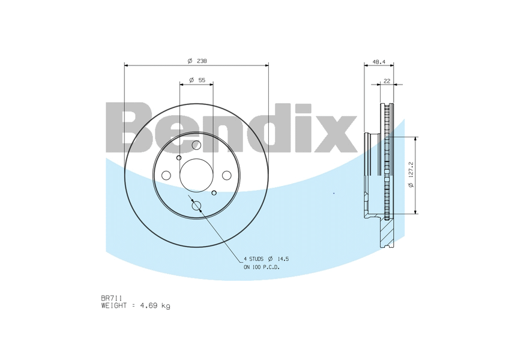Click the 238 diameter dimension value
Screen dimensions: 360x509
click(x=202, y=61)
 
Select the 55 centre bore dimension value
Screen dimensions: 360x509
click(x=201, y=80)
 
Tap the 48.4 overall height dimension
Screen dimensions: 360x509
click(x=379, y=61)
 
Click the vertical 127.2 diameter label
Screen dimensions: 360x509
click(x=411, y=175)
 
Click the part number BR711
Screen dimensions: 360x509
click(x=112, y=298)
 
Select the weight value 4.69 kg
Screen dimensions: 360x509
click(x=155, y=306)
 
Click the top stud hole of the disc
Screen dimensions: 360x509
click(x=196, y=145)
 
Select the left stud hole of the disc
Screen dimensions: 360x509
click(x=166, y=175)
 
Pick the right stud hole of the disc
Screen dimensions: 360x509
click(x=227, y=175)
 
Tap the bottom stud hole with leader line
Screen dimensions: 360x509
click(x=196, y=206)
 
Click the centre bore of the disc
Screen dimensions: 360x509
click(x=196, y=175)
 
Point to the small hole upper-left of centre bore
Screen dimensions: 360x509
click(x=179, y=157)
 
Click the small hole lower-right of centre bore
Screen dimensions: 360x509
click(x=214, y=193)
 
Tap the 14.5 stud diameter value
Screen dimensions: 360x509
click(x=283, y=259)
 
